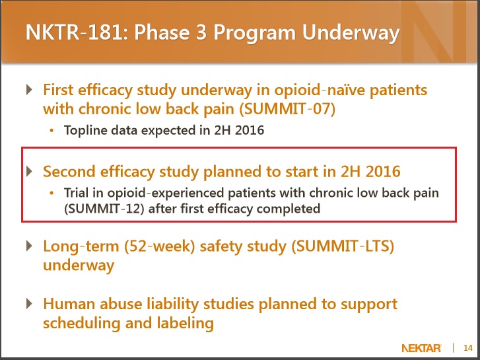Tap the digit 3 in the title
click(x=201, y=32)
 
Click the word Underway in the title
click(x=351, y=33)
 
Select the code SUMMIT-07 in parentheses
click(x=287, y=109)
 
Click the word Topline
click(x=86, y=131)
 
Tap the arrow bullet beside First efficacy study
click(x=30, y=89)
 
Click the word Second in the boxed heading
click(x=69, y=171)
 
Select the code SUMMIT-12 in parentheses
click(x=104, y=209)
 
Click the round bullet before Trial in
click(x=51, y=193)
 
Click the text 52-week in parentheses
click(x=159, y=246)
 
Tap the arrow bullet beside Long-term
click(x=30, y=246)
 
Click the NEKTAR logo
click(x=421, y=348)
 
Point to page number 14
click(x=468, y=348)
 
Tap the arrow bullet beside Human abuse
click(x=30, y=304)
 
